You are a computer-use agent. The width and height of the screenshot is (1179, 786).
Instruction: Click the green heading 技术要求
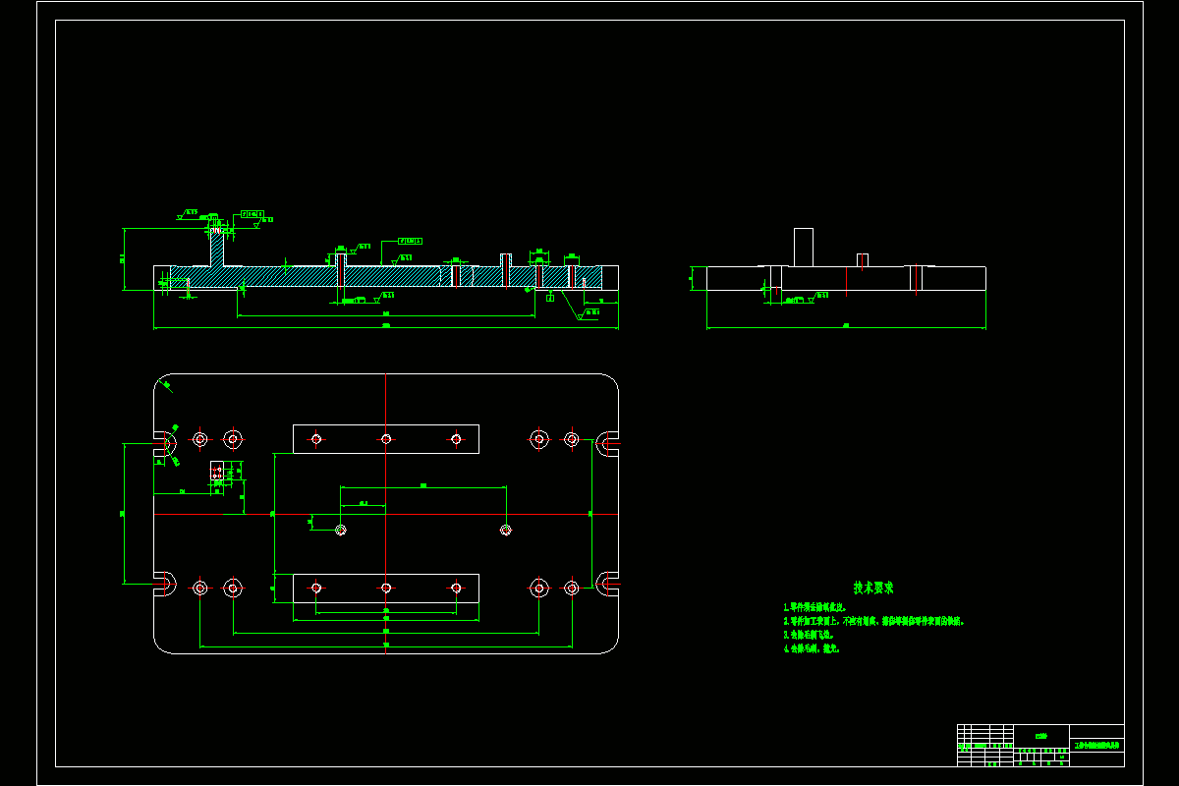click(x=873, y=588)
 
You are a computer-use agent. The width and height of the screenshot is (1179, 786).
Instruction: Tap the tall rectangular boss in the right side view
click(x=804, y=247)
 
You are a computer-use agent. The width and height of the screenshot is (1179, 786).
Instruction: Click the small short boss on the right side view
click(x=863, y=260)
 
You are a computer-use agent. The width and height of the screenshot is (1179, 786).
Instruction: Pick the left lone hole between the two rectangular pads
click(x=341, y=530)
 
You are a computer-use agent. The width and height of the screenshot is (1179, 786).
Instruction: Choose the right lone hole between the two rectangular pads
click(x=506, y=530)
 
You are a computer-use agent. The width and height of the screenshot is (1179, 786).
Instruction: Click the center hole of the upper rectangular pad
click(x=386, y=438)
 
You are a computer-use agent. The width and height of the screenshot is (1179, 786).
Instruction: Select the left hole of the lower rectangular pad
click(x=316, y=588)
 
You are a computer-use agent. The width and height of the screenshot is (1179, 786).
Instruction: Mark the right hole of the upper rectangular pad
click(x=456, y=438)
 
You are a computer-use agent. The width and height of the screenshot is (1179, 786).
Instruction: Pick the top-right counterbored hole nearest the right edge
click(x=571, y=438)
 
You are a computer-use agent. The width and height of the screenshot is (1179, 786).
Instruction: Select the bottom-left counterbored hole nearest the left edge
click(x=200, y=588)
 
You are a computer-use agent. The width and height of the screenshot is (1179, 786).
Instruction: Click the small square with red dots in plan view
click(x=217, y=474)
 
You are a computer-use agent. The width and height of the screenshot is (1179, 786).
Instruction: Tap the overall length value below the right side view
click(x=845, y=324)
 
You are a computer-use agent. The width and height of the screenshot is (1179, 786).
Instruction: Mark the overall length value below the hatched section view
click(x=385, y=325)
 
